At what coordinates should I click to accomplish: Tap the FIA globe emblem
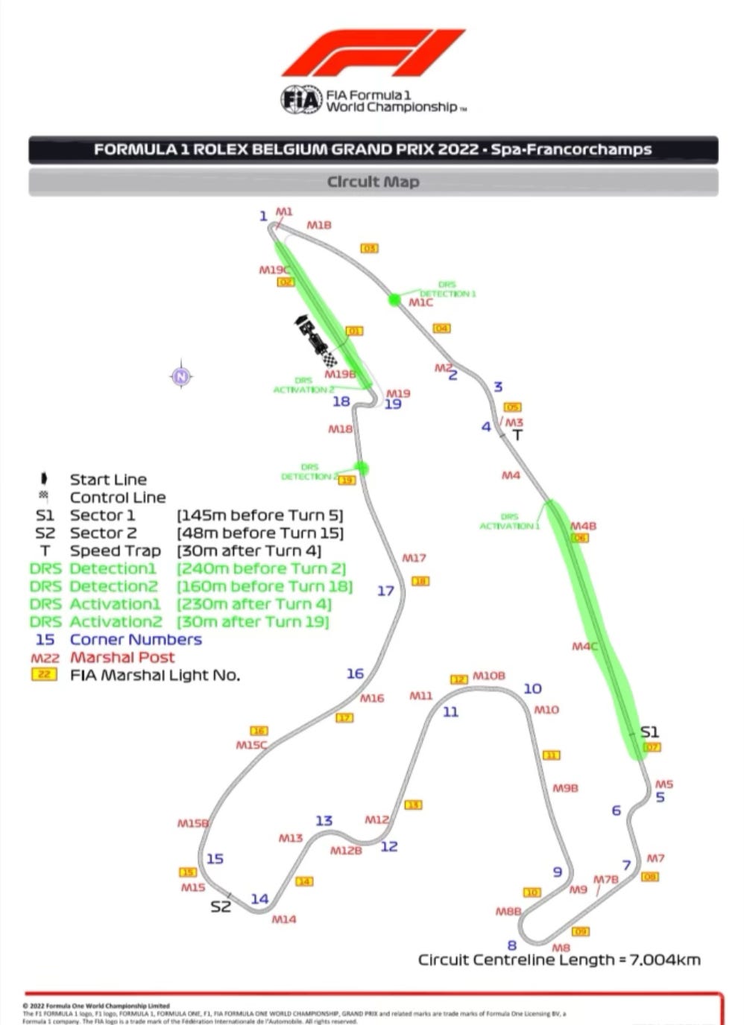(301, 100)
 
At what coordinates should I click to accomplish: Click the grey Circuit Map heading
(373, 182)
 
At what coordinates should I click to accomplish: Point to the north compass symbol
(181, 376)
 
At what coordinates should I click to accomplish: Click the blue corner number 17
(385, 591)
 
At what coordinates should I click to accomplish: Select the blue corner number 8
(512, 945)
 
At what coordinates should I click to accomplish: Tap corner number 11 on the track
(450, 712)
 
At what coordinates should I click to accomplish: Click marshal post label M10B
(489, 676)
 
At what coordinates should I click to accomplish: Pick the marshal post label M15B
(193, 823)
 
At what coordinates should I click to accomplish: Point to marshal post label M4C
(584, 646)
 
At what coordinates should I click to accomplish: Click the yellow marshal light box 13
(413, 805)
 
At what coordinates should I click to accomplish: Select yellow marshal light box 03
(369, 248)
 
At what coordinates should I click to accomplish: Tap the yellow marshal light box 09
(580, 931)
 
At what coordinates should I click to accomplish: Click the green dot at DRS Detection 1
(394, 299)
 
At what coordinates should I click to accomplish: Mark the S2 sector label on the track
(220, 907)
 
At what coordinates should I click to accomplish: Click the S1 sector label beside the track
(649, 732)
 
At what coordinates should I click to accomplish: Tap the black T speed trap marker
(517, 434)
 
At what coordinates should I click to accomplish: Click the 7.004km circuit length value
(665, 960)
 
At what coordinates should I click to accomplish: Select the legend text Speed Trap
(116, 551)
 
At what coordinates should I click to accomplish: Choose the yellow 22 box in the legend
(45, 675)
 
